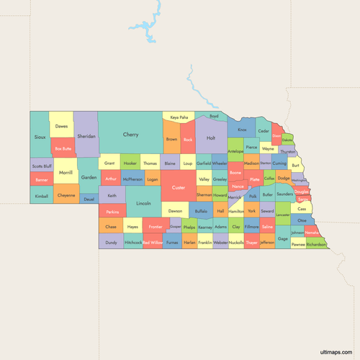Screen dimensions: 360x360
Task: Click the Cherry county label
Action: (x=130, y=135)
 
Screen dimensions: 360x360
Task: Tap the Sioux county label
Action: (x=39, y=135)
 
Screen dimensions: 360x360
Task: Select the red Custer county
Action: (x=179, y=189)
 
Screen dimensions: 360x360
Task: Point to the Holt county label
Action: (x=211, y=138)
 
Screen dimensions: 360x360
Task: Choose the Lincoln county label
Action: (x=143, y=204)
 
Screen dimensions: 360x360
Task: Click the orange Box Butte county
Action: (x=63, y=148)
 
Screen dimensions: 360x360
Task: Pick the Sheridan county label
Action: (x=86, y=135)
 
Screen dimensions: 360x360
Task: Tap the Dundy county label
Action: (x=111, y=243)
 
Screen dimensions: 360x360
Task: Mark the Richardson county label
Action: (x=316, y=244)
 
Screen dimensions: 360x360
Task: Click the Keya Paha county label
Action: (x=179, y=117)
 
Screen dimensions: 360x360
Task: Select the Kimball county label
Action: (x=41, y=196)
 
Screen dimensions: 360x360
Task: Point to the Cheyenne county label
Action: (x=66, y=195)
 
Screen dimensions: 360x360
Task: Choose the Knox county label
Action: (x=242, y=130)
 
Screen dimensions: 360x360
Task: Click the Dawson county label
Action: (x=175, y=212)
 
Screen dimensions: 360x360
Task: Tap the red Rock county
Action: (x=188, y=140)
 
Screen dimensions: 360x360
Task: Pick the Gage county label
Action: (x=283, y=238)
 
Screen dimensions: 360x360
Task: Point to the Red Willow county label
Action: (x=153, y=243)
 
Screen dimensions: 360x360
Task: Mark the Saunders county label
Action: (x=284, y=194)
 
